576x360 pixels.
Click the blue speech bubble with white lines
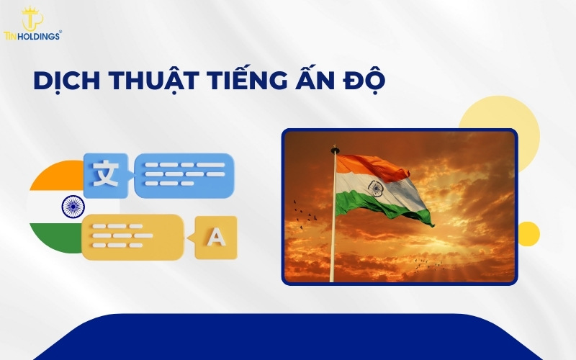pos(184,174)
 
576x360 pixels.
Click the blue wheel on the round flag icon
pos(73,207)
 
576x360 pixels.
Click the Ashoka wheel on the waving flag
pos(375,189)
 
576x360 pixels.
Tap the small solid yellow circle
pos(528,233)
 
